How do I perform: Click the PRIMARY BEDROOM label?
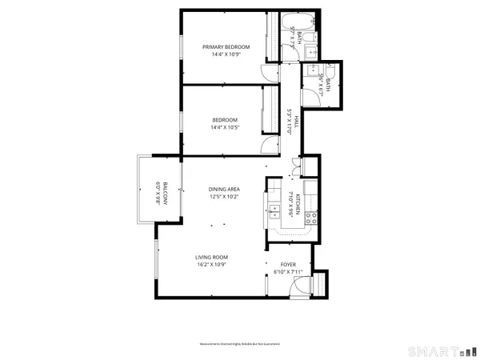[x=226, y=47]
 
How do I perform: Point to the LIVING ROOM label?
[x=213, y=257]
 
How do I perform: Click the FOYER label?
[x=287, y=264]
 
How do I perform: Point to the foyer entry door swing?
[x=318, y=284]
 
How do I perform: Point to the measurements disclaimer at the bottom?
[x=240, y=344]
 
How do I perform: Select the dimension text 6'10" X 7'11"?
[x=287, y=272]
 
